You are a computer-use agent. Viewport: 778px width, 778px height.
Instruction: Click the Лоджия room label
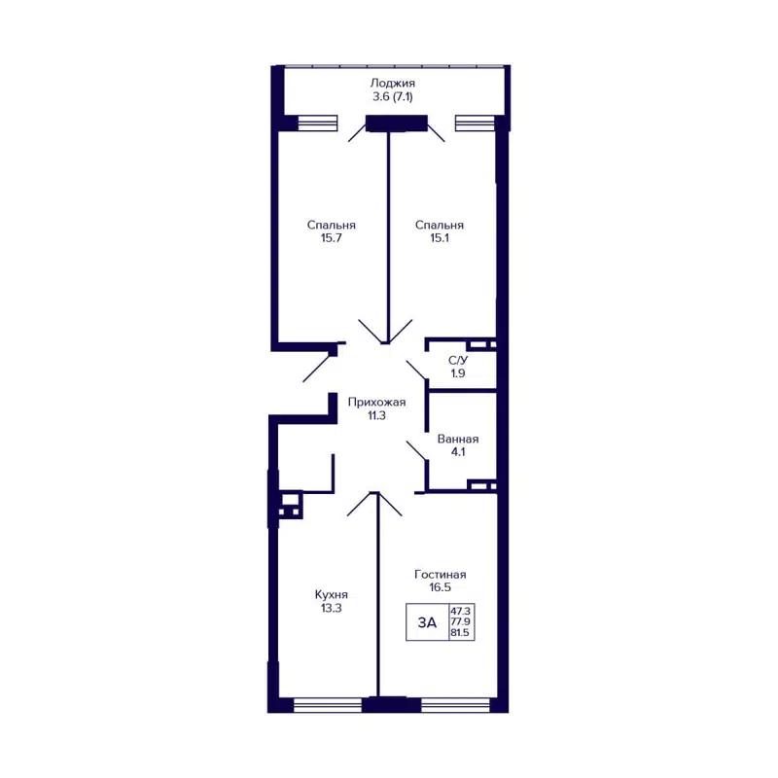point(393,84)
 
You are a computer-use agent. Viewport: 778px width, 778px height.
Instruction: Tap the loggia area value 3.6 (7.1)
point(393,98)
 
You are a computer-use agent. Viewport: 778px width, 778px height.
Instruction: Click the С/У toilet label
point(456,360)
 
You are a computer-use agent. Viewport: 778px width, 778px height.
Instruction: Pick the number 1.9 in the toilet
point(456,372)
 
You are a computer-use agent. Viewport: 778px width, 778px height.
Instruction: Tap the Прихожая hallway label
point(378,402)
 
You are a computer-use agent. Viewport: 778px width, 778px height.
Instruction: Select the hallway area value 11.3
point(378,415)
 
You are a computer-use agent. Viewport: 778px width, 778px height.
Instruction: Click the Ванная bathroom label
point(457,439)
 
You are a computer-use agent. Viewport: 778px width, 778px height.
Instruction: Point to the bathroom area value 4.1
point(457,452)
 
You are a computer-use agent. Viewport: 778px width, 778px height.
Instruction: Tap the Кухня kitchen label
point(332,594)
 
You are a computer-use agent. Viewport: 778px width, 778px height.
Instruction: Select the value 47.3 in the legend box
point(460,611)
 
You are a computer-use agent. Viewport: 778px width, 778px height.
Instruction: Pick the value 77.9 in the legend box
point(460,621)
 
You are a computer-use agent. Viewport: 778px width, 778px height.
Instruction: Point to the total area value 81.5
point(460,633)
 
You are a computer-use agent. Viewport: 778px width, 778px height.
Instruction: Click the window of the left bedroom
point(317,123)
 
